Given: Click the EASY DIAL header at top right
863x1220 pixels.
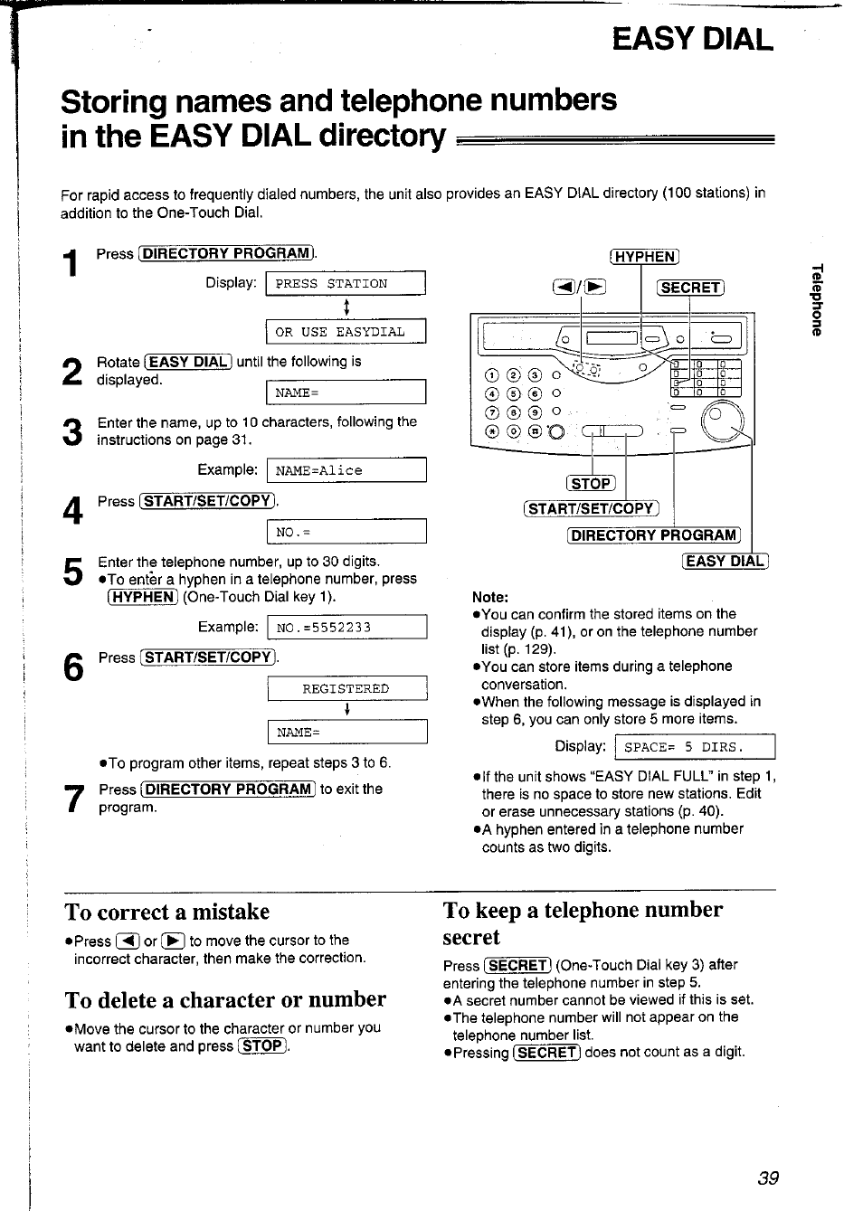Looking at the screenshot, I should (x=692, y=40).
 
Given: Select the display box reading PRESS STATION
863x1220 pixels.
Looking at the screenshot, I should (x=345, y=284).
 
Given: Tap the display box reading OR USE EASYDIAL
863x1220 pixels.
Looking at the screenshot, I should (x=345, y=332).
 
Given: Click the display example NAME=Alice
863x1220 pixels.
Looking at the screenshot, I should (x=345, y=470).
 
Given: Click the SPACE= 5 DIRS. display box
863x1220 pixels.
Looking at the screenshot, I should (x=694, y=747).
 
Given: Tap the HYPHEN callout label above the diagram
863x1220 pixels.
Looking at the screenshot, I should (x=645, y=257).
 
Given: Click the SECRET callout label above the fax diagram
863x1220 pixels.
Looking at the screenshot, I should (x=691, y=288).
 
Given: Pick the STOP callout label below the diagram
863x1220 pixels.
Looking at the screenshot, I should (x=591, y=484).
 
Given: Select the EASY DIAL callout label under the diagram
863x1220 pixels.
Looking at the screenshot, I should (x=725, y=561).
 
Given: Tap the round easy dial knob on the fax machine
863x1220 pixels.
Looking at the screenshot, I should (x=724, y=420).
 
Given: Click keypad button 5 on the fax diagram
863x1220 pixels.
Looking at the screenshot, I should (x=513, y=393).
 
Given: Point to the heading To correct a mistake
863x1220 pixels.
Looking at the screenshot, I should (x=167, y=912).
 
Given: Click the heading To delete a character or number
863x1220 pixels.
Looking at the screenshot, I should (x=225, y=999).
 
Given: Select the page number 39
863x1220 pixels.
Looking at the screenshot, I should (x=768, y=1177).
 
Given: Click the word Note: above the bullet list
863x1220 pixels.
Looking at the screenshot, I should (x=490, y=597).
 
